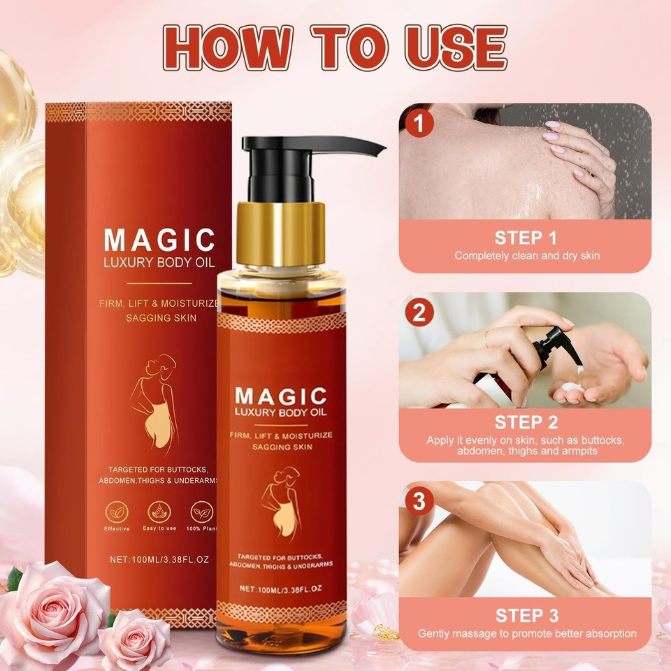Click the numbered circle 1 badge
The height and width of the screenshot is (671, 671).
[x=419, y=124]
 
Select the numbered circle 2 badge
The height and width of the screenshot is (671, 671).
[x=419, y=312]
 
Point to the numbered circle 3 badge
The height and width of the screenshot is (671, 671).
[x=419, y=501]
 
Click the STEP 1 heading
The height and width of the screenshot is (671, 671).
[x=526, y=236]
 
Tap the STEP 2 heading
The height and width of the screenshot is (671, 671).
[x=526, y=422]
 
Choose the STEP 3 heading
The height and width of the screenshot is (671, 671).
[x=526, y=615]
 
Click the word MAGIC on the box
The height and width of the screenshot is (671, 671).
[x=159, y=240]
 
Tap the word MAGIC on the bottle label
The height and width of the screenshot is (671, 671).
[x=280, y=396]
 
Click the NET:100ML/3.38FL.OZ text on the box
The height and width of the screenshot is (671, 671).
[x=160, y=558]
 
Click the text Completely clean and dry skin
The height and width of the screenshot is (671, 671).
[x=526, y=256]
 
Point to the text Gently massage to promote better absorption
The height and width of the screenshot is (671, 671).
[x=526, y=634]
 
